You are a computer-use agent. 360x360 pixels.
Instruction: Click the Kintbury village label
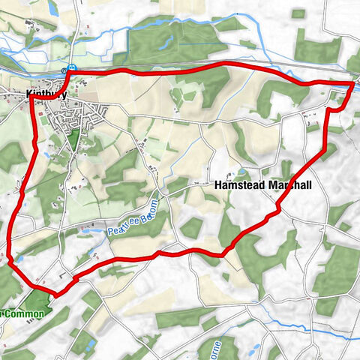click(46, 95)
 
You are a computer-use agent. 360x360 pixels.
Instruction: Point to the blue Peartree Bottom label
click(133, 217)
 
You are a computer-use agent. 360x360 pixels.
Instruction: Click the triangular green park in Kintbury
click(73, 139)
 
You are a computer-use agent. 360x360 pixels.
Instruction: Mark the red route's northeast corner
click(352, 84)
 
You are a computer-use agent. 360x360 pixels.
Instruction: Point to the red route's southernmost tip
click(55, 292)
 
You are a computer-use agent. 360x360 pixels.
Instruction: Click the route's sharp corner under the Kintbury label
click(32, 99)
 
